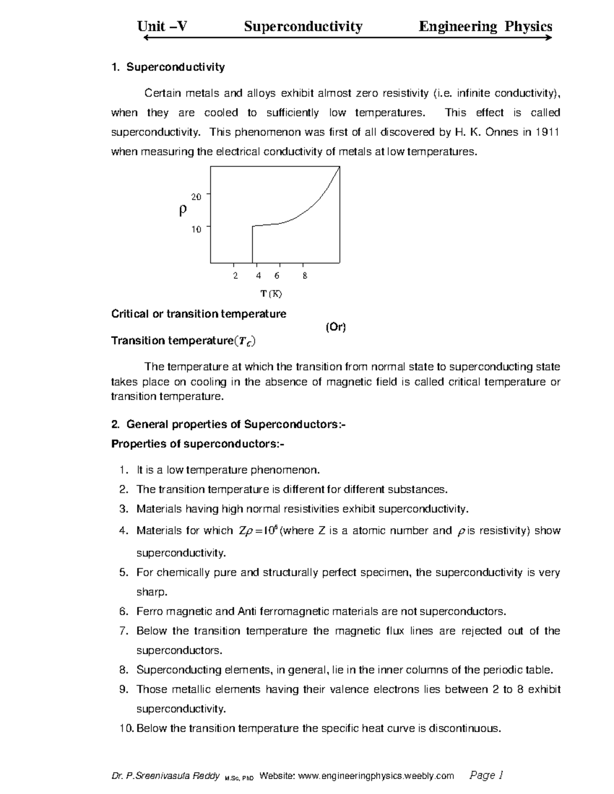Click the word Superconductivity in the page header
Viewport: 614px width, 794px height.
pos(303,27)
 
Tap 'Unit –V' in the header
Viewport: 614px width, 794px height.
pos(162,27)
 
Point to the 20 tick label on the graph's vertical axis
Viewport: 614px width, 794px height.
pos(196,196)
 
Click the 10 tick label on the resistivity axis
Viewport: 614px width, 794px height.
pos(196,230)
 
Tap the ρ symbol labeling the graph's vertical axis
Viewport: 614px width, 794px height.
pos(183,210)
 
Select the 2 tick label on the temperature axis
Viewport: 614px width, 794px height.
pos(235,276)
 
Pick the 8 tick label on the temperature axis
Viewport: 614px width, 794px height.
pos(304,276)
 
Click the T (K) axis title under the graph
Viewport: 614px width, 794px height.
pos(271,294)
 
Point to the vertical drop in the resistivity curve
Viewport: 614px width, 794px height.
pos(252,244)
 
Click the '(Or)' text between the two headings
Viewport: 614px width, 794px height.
pos(336,328)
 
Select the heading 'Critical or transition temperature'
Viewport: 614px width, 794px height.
pos(199,314)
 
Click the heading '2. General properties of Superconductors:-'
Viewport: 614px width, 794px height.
pos(228,424)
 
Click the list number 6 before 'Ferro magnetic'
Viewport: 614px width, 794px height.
pos(123,611)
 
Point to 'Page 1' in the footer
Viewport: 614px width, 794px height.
pos(486,776)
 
